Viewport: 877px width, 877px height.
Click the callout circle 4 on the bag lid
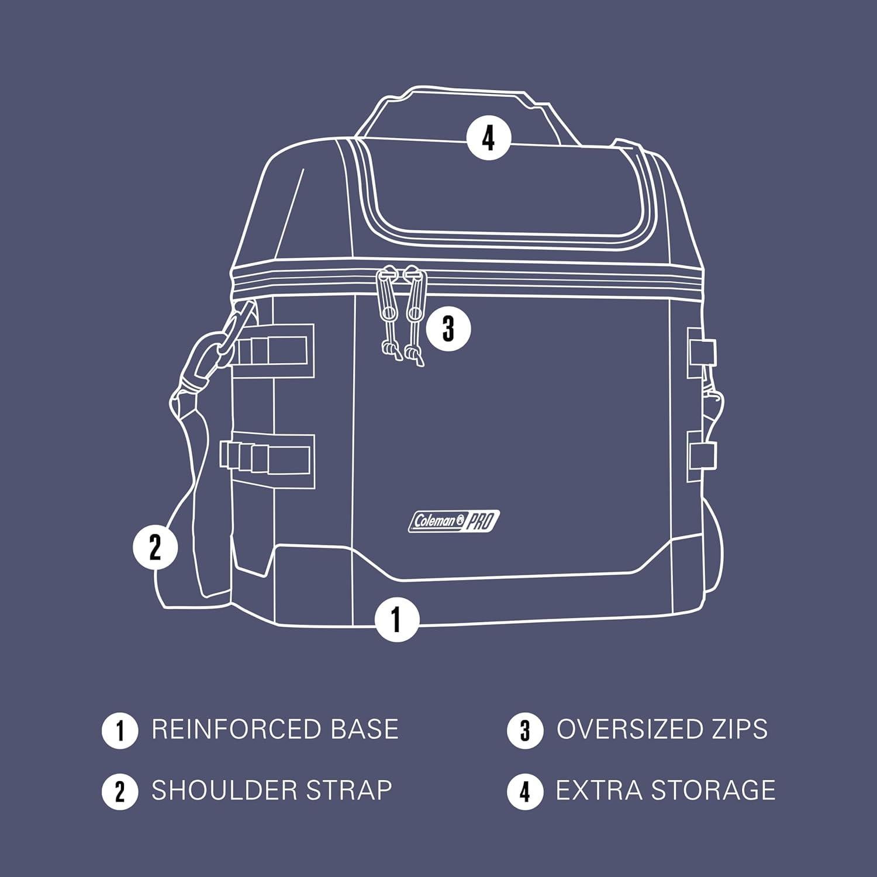(x=488, y=139)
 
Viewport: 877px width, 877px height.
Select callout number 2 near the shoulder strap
(x=155, y=548)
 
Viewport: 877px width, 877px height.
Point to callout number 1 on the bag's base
(x=397, y=619)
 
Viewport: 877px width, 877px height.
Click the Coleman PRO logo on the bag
(x=454, y=522)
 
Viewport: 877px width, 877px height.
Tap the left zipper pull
(x=387, y=316)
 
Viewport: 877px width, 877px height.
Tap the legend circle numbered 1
(x=120, y=730)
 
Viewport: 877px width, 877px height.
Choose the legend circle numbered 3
(x=524, y=730)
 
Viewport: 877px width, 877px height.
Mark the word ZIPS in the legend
(x=740, y=729)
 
